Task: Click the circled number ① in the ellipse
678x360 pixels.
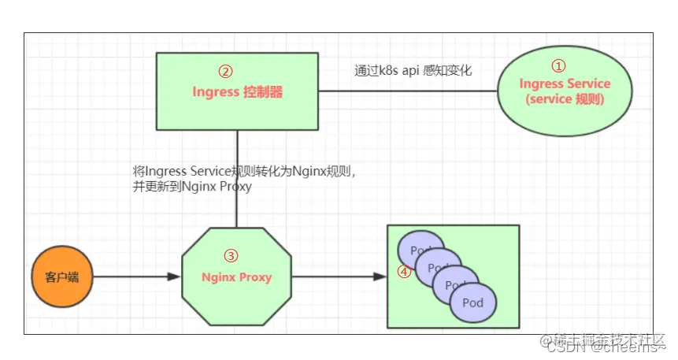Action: point(558,66)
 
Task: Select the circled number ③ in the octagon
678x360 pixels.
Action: point(231,256)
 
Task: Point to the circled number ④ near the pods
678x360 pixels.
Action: point(403,272)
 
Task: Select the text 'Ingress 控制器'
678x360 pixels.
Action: point(237,92)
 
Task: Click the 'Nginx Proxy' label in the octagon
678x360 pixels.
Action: point(236,277)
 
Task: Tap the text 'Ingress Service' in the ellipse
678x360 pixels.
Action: point(565,84)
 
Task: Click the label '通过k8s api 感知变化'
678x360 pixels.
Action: point(413,70)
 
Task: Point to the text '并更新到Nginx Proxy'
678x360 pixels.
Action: point(192,187)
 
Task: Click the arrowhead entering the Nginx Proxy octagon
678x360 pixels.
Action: point(175,277)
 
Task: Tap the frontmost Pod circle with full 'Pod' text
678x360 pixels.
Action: point(473,302)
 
